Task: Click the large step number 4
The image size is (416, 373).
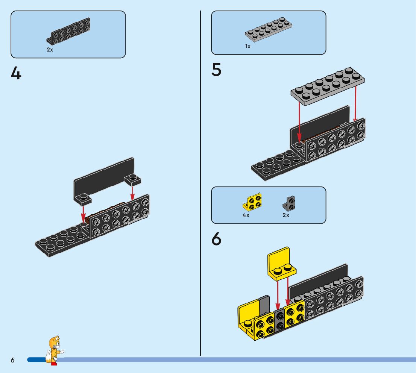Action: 16,73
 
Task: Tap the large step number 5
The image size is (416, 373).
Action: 216,70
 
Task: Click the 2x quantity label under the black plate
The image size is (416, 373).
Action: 50,50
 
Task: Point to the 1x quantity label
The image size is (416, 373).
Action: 247,47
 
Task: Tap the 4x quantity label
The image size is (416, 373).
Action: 246,215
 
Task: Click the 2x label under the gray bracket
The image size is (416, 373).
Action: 286,215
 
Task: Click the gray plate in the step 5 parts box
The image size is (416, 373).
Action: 269,29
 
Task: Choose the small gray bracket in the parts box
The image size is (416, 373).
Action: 289,203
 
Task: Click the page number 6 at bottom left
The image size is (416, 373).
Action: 12,360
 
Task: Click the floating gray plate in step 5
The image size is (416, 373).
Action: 327,85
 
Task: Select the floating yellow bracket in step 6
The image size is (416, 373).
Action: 281,264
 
